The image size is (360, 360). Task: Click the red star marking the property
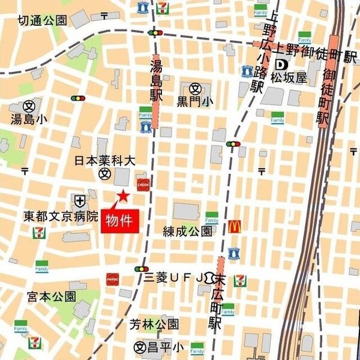coord(123,195)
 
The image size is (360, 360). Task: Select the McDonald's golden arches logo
coord(235,226)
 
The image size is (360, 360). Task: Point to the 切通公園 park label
coord(42,20)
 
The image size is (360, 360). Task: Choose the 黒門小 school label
coord(195,101)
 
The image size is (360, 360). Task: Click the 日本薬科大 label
coord(106,161)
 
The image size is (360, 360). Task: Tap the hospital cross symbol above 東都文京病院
coord(80,200)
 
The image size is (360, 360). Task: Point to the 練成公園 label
coord(188,231)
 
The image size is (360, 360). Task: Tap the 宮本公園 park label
coord(52,296)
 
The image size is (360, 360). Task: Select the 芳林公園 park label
coord(155,325)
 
